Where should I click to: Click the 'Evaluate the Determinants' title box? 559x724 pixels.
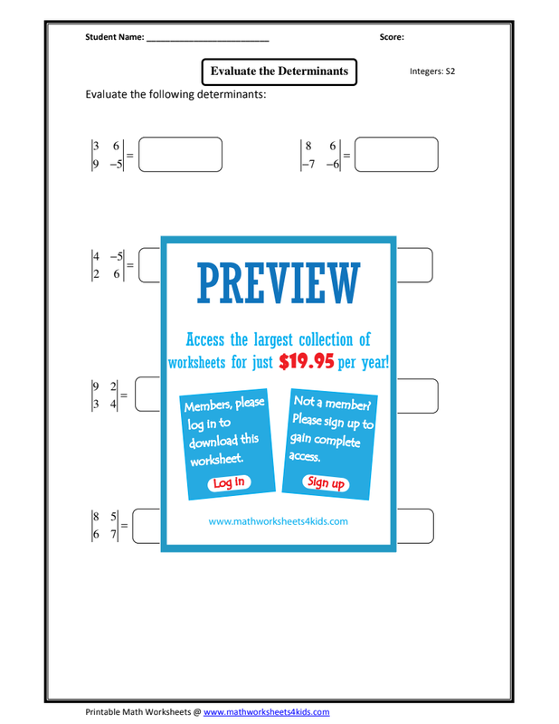pyautogui.click(x=279, y=71)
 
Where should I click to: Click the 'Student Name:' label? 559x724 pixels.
pyautogui.click(x=115, y=37)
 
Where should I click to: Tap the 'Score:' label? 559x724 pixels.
pyautogui.click(x=392, y=37)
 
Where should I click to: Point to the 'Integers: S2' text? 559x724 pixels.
pyautogui.click(x=432, y=71)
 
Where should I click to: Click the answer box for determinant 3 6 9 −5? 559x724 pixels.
pyautogui.click(x=181, y=154)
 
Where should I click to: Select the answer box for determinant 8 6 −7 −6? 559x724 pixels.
pyautogui.click(x=396, y=154)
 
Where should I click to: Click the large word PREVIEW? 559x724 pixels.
pyautogui.click(x=279, y=283)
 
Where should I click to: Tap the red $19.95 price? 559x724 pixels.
pyautogui.click(x=307, y=361)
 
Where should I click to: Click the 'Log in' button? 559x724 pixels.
pyautogui.click(x=229, y=482)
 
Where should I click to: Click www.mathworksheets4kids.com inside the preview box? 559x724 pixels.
pyautogui.click(x=279, y=521)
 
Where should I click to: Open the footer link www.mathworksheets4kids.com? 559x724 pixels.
pyautogui.click(x=266, y=712)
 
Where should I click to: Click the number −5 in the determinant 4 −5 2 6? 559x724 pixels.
pyautogui.click(x=117, y=256)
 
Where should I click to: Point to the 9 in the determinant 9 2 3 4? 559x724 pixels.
pyautogui.click(x=96, y=386)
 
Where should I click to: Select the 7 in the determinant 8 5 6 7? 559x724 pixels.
pyautogui.click(x=113, y=534)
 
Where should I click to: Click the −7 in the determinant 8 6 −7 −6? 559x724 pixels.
pyautogui.click(x=308, y=164)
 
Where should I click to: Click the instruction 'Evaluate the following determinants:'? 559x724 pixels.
pyautogui.click(x=175, y=95)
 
